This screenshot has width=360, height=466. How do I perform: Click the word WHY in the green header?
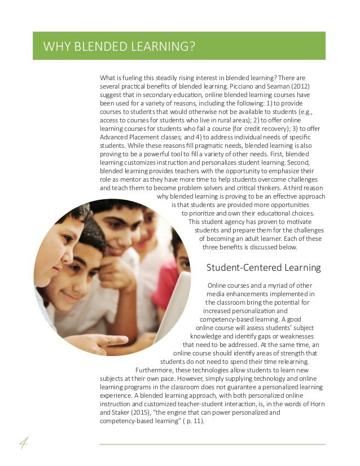pyautogui.click(x=55, y=46)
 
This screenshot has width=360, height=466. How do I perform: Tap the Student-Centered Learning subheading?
pyautogui.click(x=264, y=267)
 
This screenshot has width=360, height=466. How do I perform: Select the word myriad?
pyautogui.click(x=278, y=285)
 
